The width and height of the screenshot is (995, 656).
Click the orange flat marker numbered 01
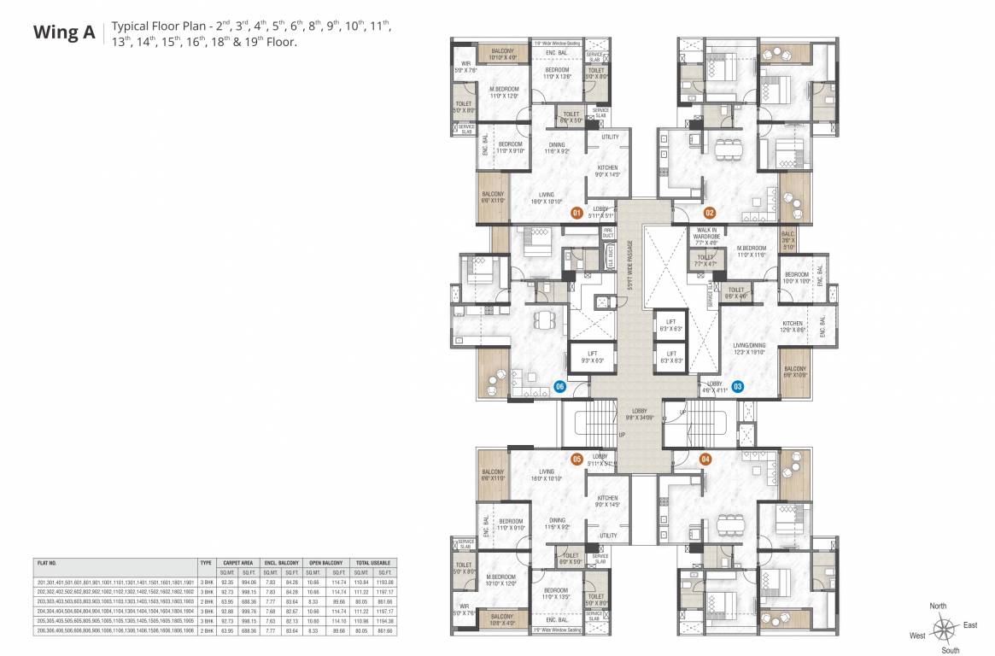(577, 213)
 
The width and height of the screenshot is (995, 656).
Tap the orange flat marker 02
(709, 213)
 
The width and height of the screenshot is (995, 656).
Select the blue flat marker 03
(737, 386)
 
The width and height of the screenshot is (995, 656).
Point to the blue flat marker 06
(560, 386)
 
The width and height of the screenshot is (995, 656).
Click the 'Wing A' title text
(64, 32)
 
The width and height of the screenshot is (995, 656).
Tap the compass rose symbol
(944, 631)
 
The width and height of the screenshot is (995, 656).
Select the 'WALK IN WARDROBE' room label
(706, 236)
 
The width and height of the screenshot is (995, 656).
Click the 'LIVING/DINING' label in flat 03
(748, 344)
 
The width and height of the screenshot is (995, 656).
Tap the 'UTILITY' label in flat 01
(610, 137)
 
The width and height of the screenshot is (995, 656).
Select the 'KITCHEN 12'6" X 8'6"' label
(793, 326)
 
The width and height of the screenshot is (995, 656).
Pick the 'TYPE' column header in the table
(205, 563)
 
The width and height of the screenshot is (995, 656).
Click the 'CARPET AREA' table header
(238, 563)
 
